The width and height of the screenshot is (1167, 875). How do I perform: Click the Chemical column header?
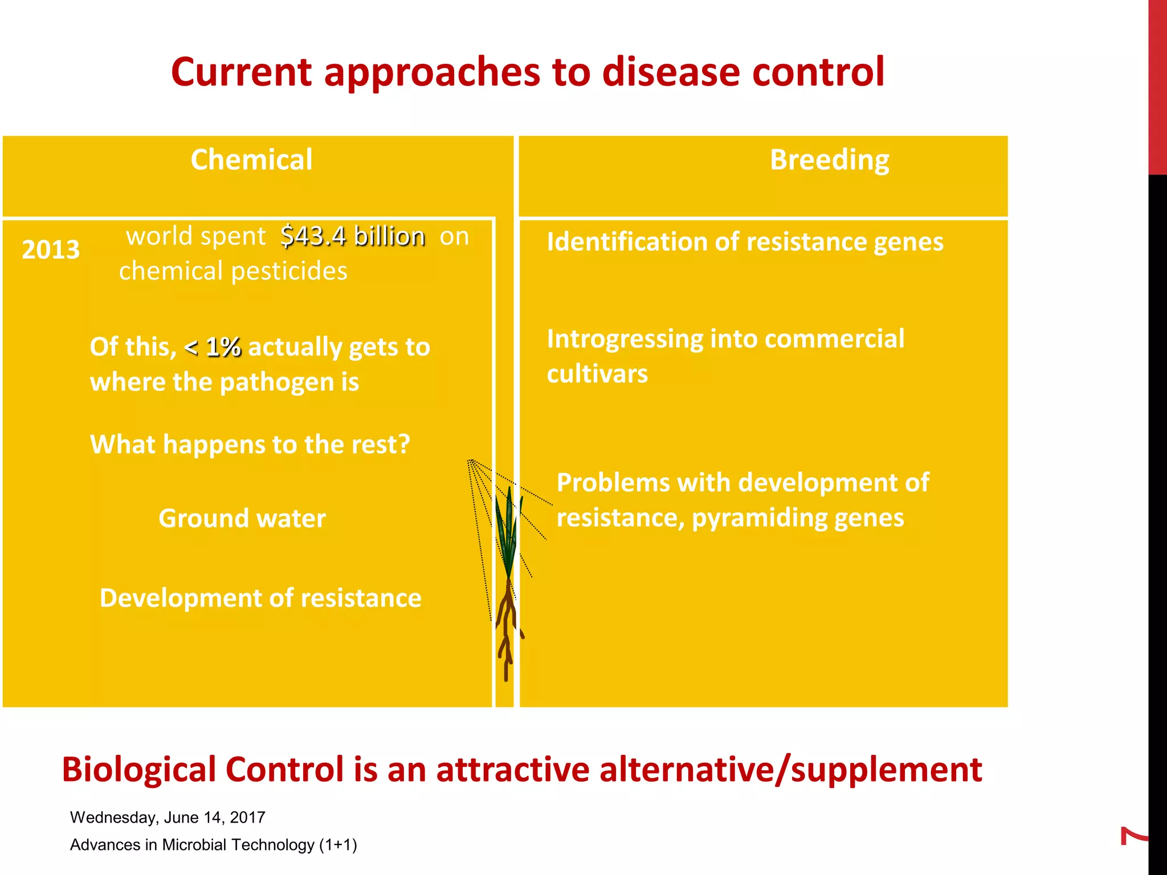click(251, 160)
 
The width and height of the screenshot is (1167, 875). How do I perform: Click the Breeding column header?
click(829, 160)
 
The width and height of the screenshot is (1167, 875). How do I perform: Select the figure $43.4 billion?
click(353, 236)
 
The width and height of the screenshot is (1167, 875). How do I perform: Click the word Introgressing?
click(625, 340)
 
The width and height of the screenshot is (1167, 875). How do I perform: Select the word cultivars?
click(597, 374)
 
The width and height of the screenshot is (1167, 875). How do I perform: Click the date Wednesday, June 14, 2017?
click(168, 817)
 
